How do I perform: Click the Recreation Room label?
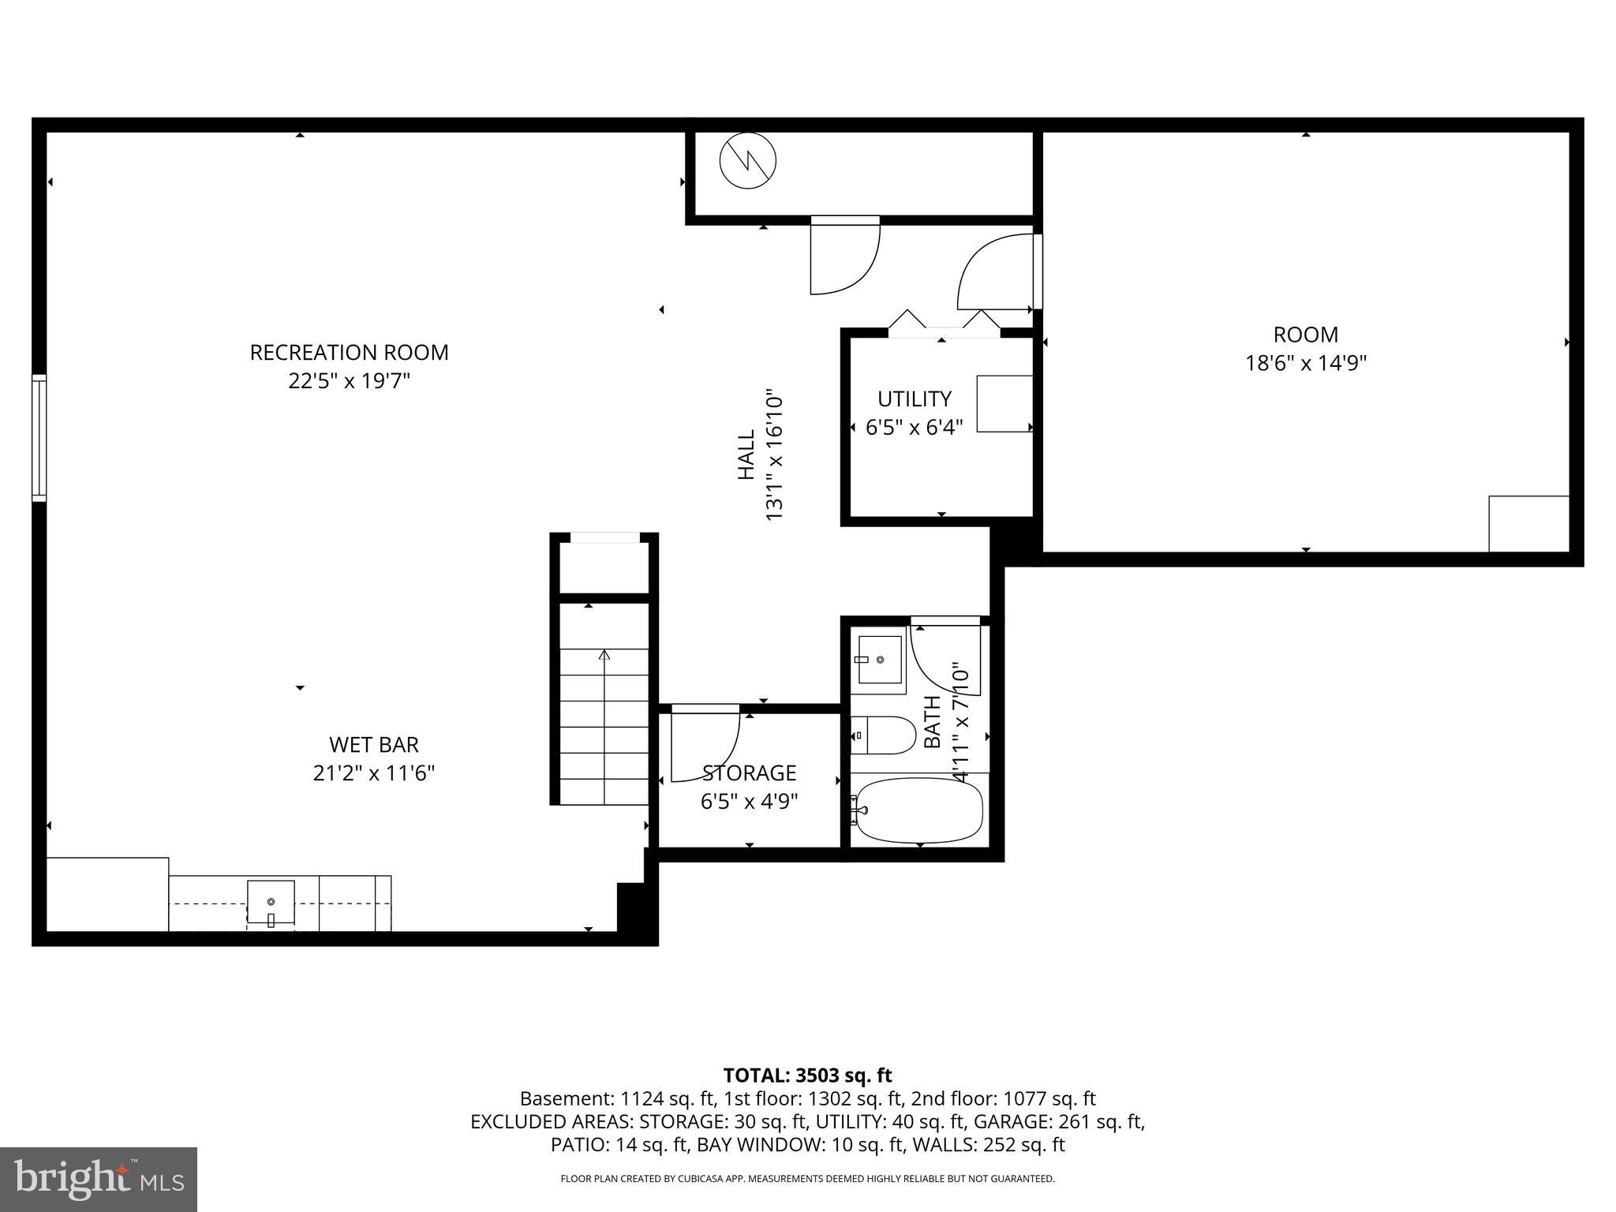pos(349,353)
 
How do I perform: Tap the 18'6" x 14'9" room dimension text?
pos(1305,363)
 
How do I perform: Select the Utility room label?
pos(914,398)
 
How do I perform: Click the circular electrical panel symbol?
pos(747,161)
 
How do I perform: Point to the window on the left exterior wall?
pos(39,438)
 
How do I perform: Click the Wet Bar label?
pos(373,744)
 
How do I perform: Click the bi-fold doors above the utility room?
pos(944,323)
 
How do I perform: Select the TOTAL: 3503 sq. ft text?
pos(807,1075)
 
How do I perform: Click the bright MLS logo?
pos(98,1179)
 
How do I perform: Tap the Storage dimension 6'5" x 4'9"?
pos(749,802)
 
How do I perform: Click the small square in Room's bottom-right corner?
pos(1528,523)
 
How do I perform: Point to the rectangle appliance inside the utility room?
pos(1004,403)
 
